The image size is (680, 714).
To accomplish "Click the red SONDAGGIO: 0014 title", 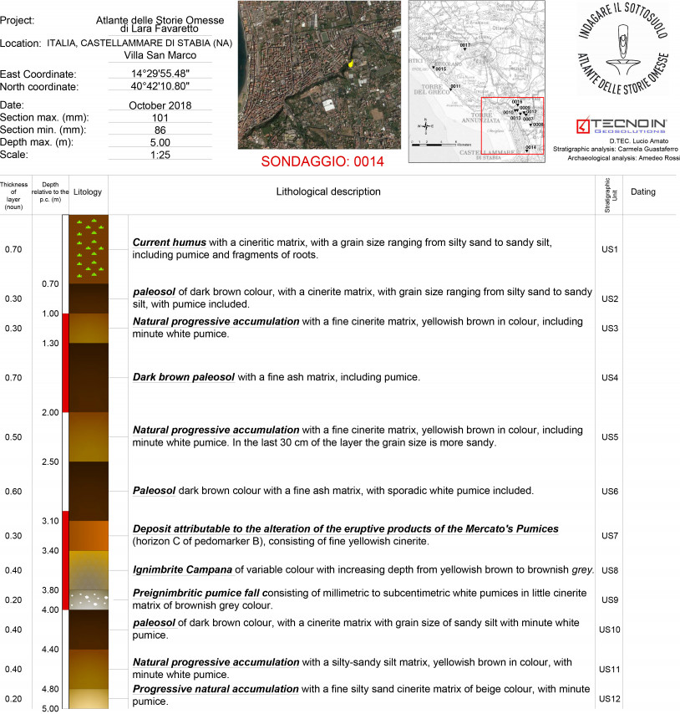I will pyautogui.click(x=322, y=161).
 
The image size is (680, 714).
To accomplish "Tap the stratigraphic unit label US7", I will pyautogui.click(x=609, y=535).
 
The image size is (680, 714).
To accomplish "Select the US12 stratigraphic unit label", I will pyautogui.click(x=609, y=696).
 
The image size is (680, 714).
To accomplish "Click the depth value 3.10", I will pyautogui.click(x=50, y=521).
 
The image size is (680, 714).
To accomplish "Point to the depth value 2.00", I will pyautogui.click(x=50, y=412).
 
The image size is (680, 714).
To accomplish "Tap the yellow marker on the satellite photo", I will pyautogui.click(x=352, y=63).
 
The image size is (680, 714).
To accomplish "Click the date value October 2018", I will pyautogui.click(x=160, y=105).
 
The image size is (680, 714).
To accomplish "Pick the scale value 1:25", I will pyautogui.click(x=160, y=155).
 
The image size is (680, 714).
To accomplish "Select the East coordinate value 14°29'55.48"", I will pyautogui.click(x=160, y=74).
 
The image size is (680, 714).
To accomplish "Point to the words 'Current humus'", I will pyautogui.click(x=170, y=242).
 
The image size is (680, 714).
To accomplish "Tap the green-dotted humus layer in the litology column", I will pyautogui.click(x=87, y=249).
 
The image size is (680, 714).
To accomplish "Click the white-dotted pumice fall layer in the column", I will pyautogui.click(x=87, y=599).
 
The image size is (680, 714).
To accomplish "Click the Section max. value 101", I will pyautogui.click(x=160, y=118).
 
